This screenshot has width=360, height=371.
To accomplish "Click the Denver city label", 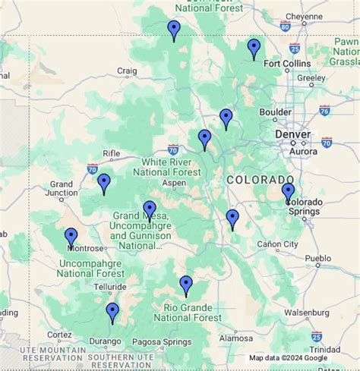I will coord(292,134).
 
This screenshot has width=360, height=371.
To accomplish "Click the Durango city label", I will coord(105,341).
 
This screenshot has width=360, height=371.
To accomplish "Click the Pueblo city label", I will coord(317,258).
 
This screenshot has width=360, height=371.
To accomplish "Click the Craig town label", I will coord(127,71).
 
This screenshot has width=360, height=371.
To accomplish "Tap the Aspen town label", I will coord(174,184).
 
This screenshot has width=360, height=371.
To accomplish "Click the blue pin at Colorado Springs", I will coord(288,191).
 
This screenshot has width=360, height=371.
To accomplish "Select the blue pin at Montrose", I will coord(71,237).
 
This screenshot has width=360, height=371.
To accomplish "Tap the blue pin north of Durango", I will coord(112,311).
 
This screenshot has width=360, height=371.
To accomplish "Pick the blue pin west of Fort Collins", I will coord(254,48).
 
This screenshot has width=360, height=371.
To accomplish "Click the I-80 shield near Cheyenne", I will coord(285,27).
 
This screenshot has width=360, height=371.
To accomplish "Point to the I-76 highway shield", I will coord(325,111).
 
